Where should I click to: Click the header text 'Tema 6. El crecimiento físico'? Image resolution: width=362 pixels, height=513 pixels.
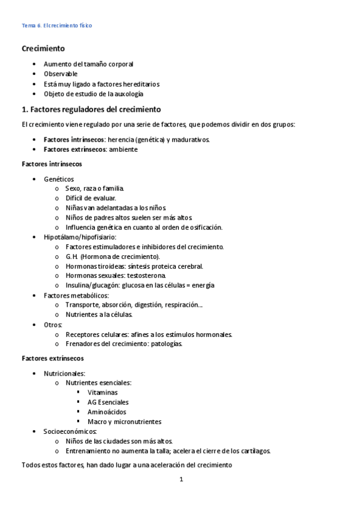coord(57,25)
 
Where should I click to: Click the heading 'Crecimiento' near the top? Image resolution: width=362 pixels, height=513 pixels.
coord(44,48)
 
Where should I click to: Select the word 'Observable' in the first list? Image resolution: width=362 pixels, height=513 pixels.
coord(60,74)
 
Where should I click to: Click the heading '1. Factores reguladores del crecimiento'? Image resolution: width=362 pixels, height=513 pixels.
coord(91,109)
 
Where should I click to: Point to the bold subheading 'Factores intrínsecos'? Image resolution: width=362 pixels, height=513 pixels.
coord(52,164)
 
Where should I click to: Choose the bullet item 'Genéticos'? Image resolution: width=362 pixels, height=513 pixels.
coord(59,179)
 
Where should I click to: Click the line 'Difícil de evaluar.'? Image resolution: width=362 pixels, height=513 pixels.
coord(91,198)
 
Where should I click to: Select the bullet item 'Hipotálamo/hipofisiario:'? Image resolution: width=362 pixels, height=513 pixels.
coord(80,237)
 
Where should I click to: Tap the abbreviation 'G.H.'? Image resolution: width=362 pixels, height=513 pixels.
coord(72,256)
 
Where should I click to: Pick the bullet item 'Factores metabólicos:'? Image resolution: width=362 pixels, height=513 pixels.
coord(76,295)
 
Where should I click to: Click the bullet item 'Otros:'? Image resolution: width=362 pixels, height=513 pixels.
coord(53,325)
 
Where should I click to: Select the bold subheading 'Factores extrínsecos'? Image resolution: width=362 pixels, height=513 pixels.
coord(53,358)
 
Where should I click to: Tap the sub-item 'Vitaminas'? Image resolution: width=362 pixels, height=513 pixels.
coord(103,393)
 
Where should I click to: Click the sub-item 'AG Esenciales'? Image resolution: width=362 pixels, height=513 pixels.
coord(108,402)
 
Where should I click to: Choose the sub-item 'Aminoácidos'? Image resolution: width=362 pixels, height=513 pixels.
coord(107,412)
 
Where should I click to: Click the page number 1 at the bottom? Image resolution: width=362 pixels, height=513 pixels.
coord(181,480)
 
